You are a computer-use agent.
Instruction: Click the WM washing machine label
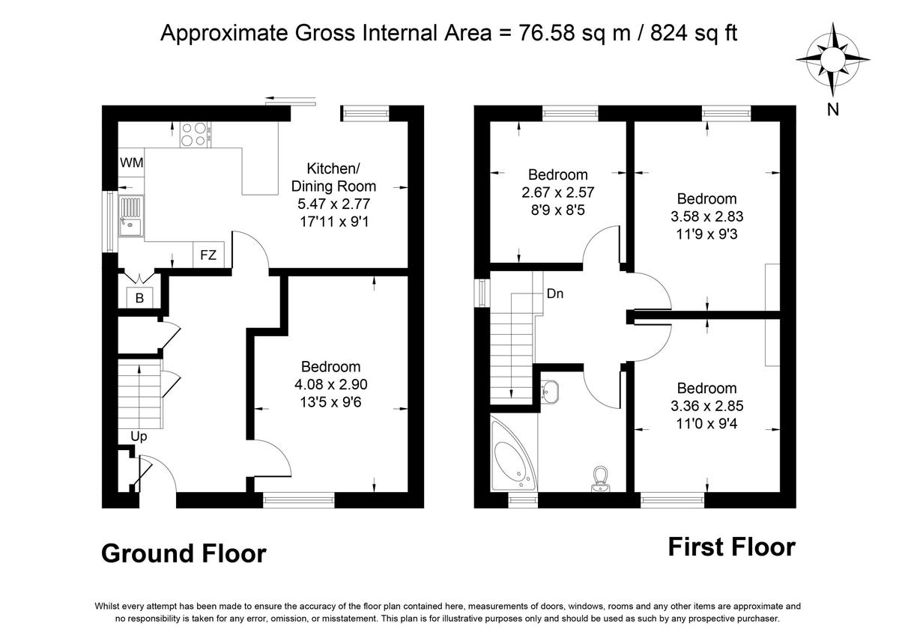coord(132,162)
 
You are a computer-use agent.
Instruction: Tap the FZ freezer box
coord(208,255)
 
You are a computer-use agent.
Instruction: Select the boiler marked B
coord(139,298)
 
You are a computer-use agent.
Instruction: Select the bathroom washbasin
coord(551,390)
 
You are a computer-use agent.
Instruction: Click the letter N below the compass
coord(832,110)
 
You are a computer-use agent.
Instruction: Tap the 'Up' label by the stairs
coord(139,436)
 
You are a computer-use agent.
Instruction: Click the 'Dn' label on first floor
coord(554,294)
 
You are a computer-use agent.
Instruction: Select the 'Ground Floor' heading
coord(184,553)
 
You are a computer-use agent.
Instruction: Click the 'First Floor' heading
coord(731,547)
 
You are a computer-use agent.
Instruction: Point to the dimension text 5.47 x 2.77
coord(333,203)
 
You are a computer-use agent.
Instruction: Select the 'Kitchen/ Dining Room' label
coord(333,177)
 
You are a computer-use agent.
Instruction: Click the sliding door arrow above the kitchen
coord(286,97)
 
